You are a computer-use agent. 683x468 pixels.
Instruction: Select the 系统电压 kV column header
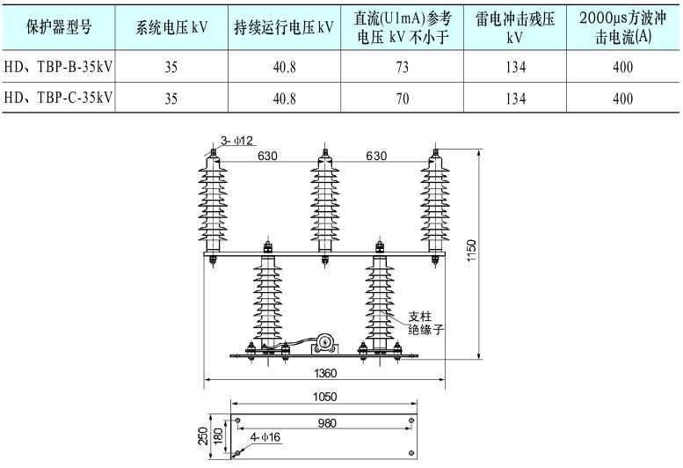pos(171,27)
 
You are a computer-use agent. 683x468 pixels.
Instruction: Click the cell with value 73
pos(403,65)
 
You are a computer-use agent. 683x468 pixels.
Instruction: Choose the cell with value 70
pos(403,98)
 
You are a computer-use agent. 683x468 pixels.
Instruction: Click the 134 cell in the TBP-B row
pos(515,65)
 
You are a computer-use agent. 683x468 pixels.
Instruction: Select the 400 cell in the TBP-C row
pos(623,98)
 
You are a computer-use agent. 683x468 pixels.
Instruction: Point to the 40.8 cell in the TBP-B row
pos(285,65)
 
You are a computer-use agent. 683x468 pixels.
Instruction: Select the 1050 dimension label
pos(324,398)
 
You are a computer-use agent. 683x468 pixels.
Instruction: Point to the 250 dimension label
pos(204,435)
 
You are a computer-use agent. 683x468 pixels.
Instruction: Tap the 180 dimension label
pos(217,435)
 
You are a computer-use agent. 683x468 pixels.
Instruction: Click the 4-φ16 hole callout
pos(265,437)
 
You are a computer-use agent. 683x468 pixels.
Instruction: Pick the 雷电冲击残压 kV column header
pos(515,27)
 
